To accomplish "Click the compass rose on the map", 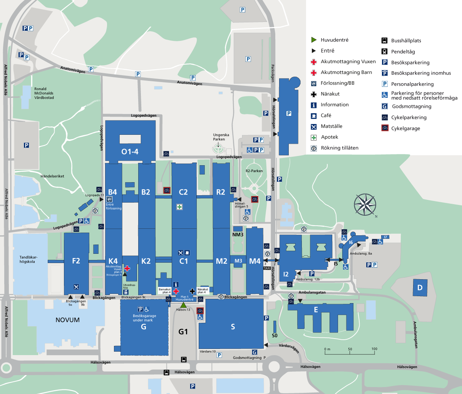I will click(365, 205).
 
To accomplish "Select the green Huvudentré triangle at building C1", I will click(184, 305).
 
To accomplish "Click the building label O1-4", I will click(130, 152).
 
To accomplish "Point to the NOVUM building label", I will click(67, 320).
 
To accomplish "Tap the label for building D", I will click(420, 288).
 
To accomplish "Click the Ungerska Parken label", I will click(221, 137).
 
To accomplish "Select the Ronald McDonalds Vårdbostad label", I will click(44, 93).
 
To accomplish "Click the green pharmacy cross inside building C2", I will click(179, 207).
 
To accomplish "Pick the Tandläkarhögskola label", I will click(29, 259).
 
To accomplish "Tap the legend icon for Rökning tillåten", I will click(314, 148).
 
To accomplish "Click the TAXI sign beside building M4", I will click(267, 268).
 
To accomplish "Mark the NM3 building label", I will click(238, 235).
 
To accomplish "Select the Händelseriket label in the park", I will click(52, 176).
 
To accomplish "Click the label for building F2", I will click(76, 261).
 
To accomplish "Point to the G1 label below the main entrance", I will click(183, 332).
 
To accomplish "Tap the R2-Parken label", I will click(254, 171).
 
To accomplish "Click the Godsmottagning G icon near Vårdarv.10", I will click(254, 352).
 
